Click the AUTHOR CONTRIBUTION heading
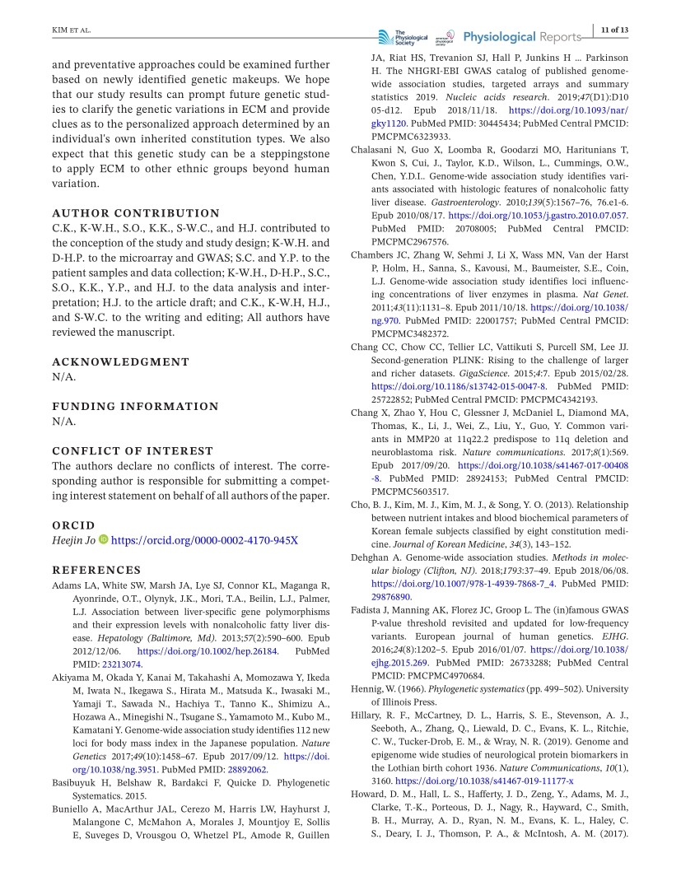(136, 212)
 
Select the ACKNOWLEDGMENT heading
(120, 361)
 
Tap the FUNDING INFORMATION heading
(136, 406)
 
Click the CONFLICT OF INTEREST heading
(133, 450)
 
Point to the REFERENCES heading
(96, 570)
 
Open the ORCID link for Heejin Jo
(204, 540)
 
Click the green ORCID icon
(104, 540)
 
